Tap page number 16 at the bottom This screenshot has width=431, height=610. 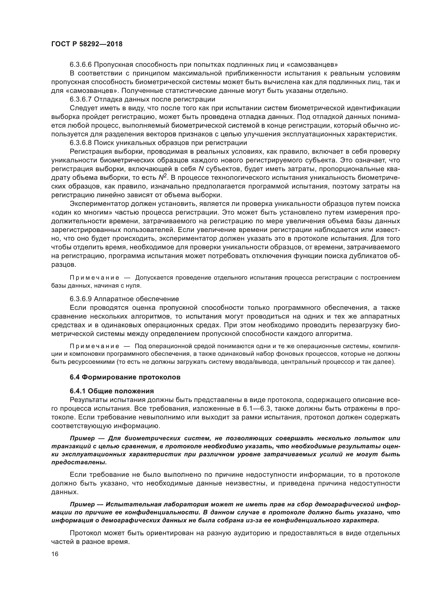(x=55, y=554)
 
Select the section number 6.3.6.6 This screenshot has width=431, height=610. (x=81, y=64)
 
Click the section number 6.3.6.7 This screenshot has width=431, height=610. (x=81, y=99)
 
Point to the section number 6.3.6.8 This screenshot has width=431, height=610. (x=81, y=143)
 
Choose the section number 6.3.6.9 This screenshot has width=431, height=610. (x=81, y=299)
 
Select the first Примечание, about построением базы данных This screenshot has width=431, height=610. (x=95, y=278)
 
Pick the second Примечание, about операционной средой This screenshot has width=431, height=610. (x=95, y=346)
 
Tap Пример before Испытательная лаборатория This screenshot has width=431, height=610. (x=82, y=504)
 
